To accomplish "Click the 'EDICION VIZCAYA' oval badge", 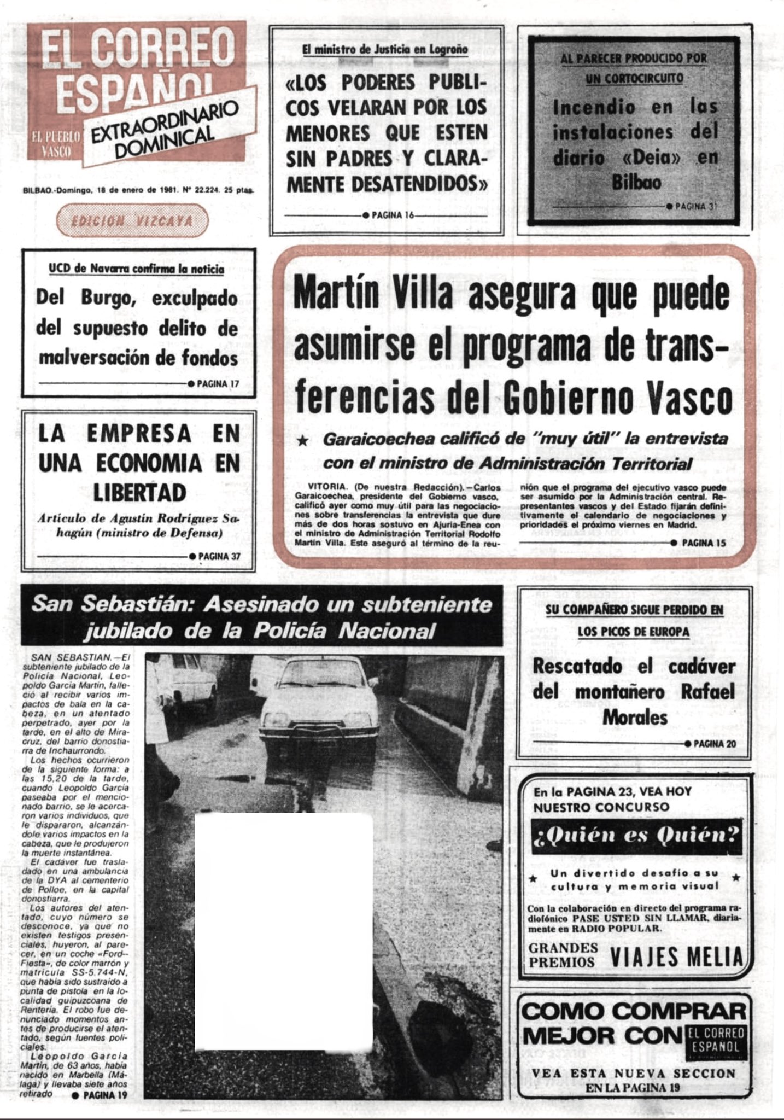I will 133,221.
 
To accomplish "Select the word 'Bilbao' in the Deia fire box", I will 636,182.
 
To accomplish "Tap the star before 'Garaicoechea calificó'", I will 302,440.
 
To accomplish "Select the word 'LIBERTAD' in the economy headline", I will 139,493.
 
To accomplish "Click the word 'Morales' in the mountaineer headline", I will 635,717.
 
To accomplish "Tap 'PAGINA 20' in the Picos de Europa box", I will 714,744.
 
